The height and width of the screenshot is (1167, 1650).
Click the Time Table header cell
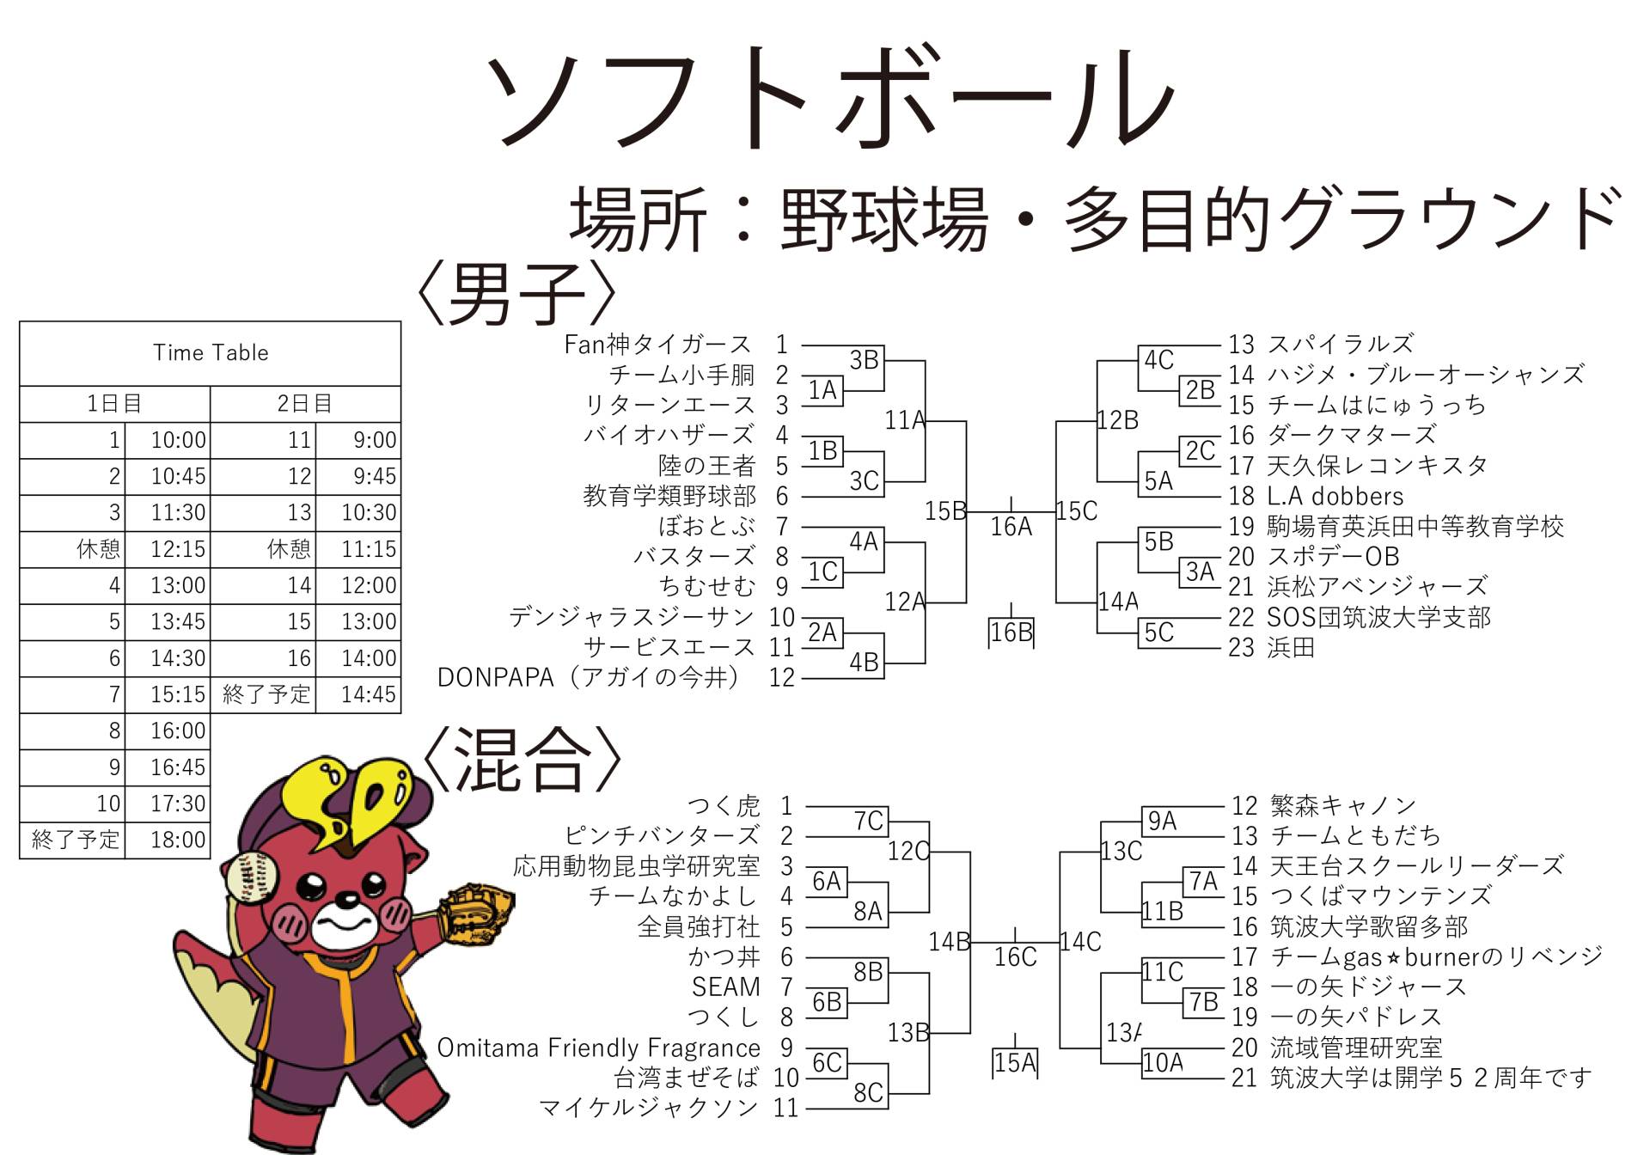click(211, 353)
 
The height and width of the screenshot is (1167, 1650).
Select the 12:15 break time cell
click(178, 549)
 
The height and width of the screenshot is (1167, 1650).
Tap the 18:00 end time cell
click(178, 840)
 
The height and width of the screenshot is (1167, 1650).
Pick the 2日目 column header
click(305, 403)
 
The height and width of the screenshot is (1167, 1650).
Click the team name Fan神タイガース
click(657, 345)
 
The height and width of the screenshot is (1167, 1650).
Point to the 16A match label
click(1011, 526)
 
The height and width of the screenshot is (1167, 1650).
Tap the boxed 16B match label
click(1011, 632)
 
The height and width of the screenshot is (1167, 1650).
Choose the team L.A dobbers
click(1335, 496)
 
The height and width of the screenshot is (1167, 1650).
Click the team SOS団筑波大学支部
click(1378, 617)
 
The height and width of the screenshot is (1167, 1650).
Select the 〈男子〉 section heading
click(516, 294)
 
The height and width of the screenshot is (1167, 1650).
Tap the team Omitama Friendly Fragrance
click(598, 1048)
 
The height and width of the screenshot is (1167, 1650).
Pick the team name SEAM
click(725, 987)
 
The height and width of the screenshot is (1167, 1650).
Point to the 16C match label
click(1015, 956)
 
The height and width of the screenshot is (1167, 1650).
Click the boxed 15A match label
click(1015, 1063)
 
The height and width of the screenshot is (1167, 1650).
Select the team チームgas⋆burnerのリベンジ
click(1436, 956)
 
